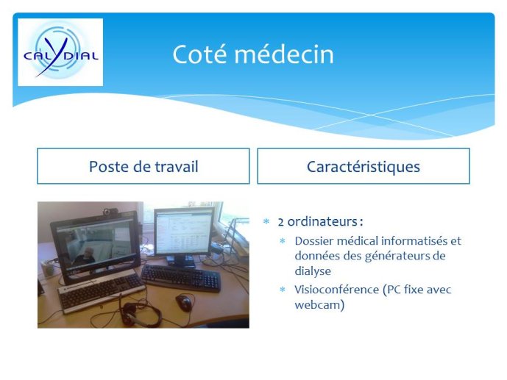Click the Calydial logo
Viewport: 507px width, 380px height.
pyautogui.click(x=60, y=52)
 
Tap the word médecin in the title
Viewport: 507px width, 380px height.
pyautogui.click(x=284, y=54)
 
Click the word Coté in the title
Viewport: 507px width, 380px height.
pyautogui.click(x=199, y=54)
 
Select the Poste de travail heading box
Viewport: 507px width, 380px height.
pyautogui.click(x=143, y=166)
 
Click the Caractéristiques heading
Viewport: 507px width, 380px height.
pyautogui.click(x=364, y=167)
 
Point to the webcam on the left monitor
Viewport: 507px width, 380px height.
pyautogui.click(x=110, y=212)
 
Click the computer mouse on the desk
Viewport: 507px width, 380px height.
pyautogui.click(x=184, y=303)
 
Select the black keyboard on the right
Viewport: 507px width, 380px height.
pyautogui.click(x=181, y=278)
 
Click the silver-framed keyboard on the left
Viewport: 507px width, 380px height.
pyautogui.click(x=102, y=293)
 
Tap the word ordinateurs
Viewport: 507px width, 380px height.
pyautogui.click(x=322, y=221)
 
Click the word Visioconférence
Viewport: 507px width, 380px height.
pyautogui.click(x=336, y=290)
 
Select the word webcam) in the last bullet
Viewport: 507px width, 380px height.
pyautogui.click(x=319, y=305)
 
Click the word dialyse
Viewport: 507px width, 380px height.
pyautogui.click(x=313, y=271)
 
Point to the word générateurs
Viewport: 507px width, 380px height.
pyautogui.click(x=397, y=257)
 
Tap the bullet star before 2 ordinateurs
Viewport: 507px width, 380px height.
pyautogui.click(x=266, y=221)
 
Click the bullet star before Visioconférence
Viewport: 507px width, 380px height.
pyautogui.click(x=283, y=290)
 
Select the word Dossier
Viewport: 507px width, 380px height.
pyautogui.click(x=313, y=241)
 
